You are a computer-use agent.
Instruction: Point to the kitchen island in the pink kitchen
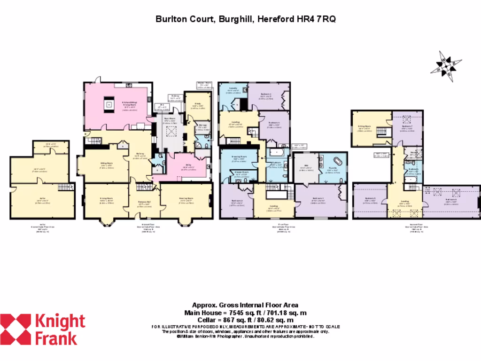[109, 104]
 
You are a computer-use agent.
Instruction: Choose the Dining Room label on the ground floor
[106, 198]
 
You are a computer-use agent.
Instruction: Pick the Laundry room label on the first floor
[233, 88]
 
